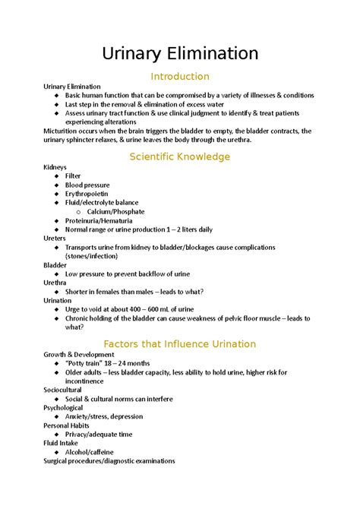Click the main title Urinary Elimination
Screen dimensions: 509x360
click(x=180, y=53)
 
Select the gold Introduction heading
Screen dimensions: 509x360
click(x=180, y=76)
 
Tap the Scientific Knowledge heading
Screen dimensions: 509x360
click(x=180, y=156)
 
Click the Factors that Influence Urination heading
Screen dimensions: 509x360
click(x=180, y=344)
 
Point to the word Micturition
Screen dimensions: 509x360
click(x=65, y=131)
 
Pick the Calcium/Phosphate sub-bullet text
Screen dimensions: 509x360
click(x=115, y=212)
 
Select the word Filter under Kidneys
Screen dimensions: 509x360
click(x=73, y=176)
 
